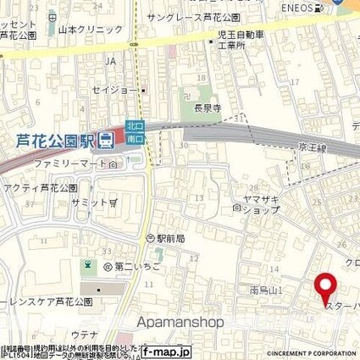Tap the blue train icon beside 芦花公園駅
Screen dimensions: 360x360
106,141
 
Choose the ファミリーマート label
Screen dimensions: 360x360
71,165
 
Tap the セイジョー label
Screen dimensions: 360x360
115,87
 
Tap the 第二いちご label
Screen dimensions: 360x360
130,266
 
